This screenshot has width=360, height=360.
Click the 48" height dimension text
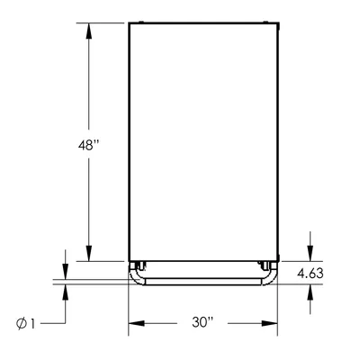pos(88,146)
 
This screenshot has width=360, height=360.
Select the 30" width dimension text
pos(202,323)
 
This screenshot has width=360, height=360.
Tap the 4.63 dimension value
pos(310,274)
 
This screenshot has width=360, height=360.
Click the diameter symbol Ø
pos(22,324)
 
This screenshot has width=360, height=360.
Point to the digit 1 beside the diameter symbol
pos(32,324)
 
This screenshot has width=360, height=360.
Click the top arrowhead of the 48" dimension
pos(88,31)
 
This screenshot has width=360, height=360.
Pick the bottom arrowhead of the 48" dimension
pos(88,254)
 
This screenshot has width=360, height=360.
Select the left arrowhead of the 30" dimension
pos(137,323)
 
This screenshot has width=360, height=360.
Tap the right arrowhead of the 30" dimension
pos(269,323)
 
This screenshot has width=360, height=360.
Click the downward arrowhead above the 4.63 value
pos(310,254)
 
